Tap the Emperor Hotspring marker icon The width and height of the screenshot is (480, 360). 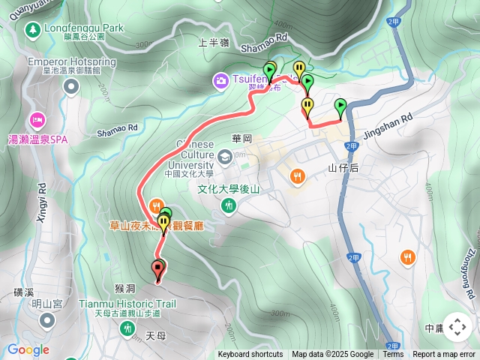pos(71,88)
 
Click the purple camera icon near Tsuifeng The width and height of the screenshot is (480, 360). pos(220,79)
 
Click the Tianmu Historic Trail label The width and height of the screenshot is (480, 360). pos(127,304)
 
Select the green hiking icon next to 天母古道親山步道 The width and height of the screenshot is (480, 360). pos(128,328)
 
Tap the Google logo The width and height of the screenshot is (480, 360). pos(28,349)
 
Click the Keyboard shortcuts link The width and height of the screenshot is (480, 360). pos(250,355)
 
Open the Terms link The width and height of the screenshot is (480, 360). pos(393,355)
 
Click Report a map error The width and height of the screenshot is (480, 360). pos(445,355)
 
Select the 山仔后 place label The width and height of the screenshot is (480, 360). pos(343,169)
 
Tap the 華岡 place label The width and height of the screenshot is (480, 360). pos(242,139)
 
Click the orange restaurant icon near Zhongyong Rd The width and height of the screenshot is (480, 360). pos(408,257)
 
